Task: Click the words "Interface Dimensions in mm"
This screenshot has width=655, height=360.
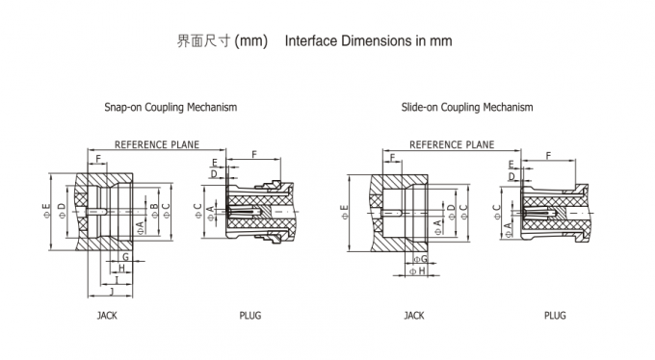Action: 368,41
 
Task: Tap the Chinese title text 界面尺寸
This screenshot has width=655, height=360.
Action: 204,41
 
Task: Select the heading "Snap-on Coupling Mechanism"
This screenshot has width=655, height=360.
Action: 170,108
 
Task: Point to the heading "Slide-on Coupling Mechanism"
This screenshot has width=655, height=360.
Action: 467,108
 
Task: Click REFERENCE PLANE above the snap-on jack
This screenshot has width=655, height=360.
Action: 157,144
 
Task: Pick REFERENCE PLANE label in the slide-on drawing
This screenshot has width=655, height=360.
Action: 452,144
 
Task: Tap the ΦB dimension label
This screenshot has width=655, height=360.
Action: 154,211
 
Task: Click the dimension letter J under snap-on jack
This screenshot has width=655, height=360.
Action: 112,291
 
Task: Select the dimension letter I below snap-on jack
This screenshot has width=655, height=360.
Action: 117,280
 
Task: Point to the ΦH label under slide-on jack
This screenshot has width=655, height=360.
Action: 417,271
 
